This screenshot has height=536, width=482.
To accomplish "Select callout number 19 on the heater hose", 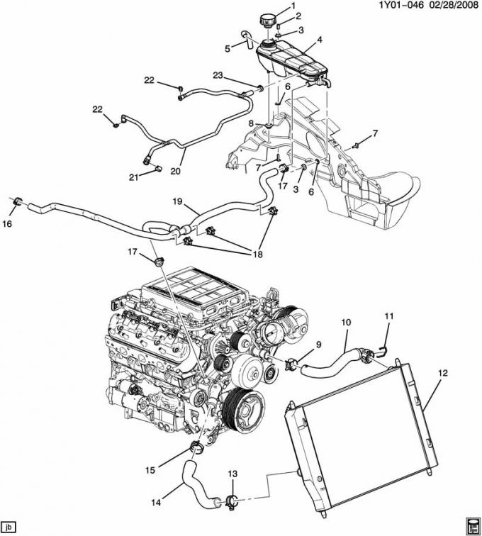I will [179, 201].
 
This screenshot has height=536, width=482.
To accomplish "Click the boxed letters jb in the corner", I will [10, 527].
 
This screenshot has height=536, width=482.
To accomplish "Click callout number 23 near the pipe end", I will [217, 76].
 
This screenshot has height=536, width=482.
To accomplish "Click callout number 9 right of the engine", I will [318, 345].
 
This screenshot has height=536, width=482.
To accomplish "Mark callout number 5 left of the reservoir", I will [228, 48].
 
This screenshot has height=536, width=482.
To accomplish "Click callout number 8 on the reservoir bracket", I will [251, 123].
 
